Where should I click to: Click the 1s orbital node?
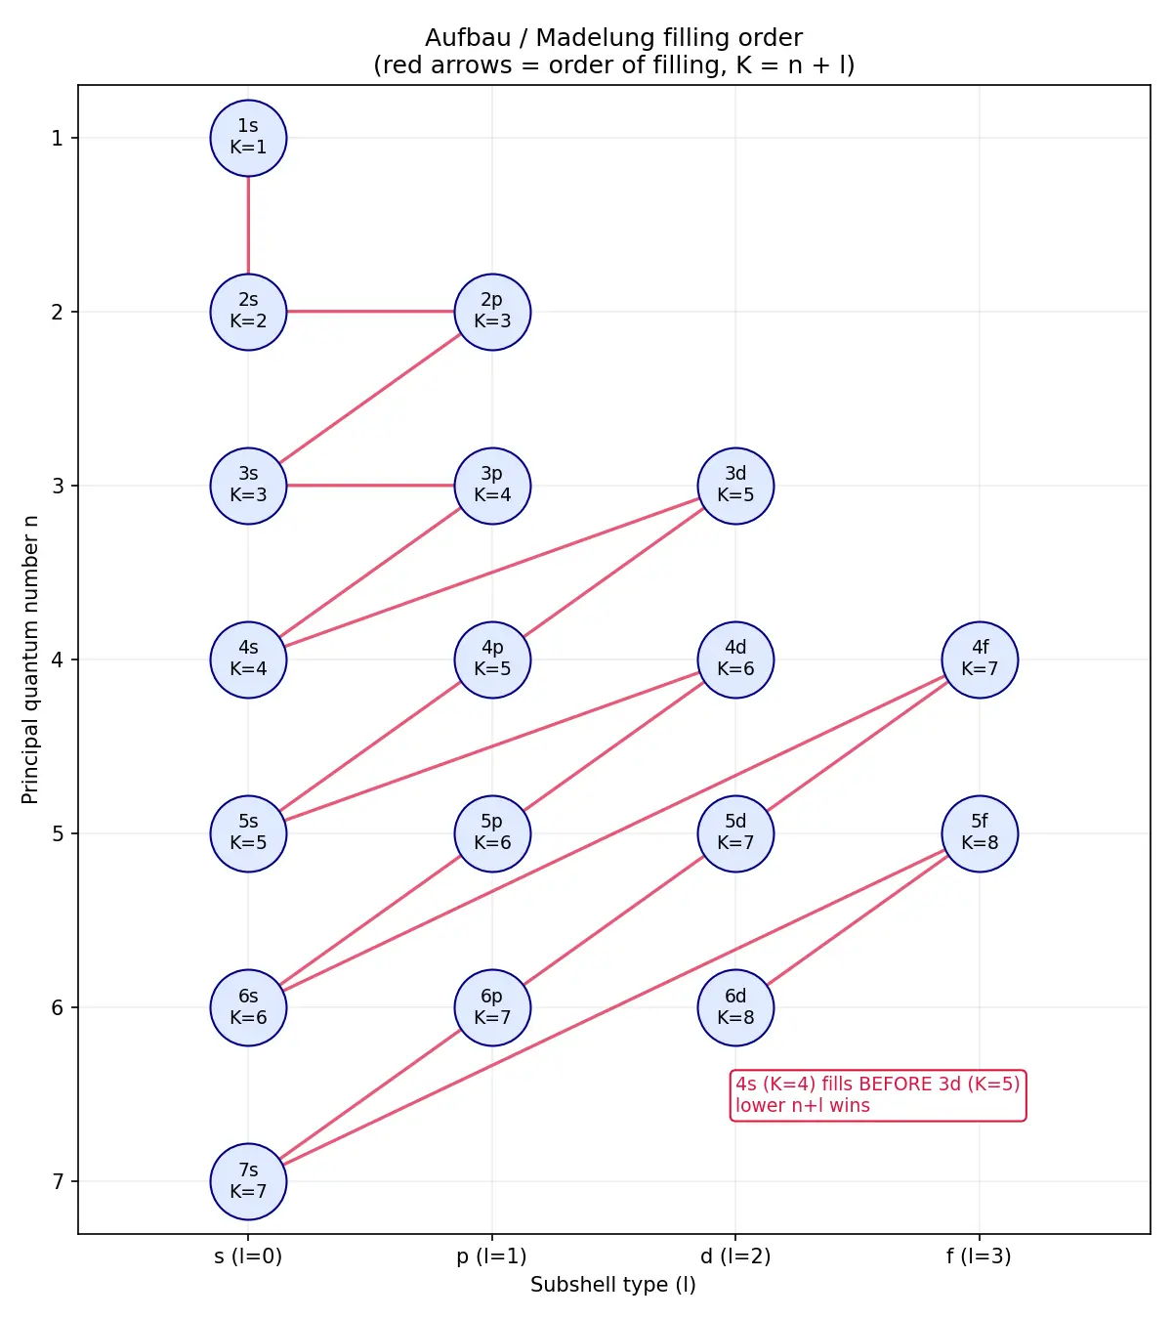[248, 138]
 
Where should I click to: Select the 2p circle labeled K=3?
[492, 312]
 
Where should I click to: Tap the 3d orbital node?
[735, 486]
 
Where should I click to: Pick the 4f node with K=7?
[980, 659]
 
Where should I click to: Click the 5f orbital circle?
[980, 833]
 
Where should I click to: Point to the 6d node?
[735, 1007]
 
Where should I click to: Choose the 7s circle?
[248, 1181]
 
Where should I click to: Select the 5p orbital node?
[492, 833]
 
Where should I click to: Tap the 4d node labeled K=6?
[735, 659]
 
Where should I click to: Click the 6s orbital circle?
[248, 1007]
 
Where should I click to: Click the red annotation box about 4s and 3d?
[877, 1095]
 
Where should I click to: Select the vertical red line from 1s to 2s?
[248, 225]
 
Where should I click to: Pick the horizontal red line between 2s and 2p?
[370, 312]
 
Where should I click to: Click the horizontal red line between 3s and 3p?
[370, 486]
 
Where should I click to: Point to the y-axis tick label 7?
[58, 1181]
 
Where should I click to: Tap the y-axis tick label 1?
[58, 138]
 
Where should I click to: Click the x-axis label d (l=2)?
[735, 1255]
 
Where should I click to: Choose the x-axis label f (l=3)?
[979, 1255]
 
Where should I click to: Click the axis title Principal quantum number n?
[30, 659]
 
